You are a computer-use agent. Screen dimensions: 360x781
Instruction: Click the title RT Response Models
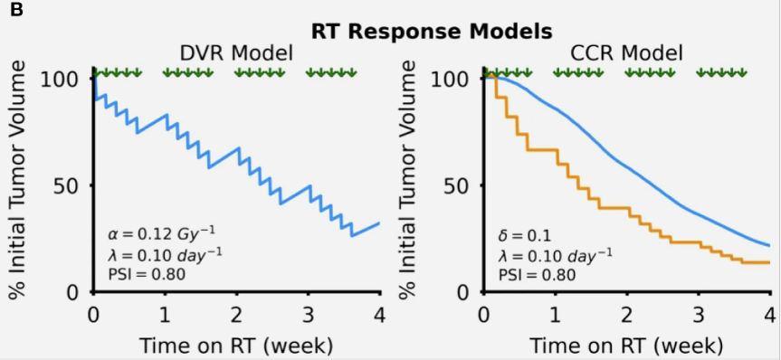(432, 31)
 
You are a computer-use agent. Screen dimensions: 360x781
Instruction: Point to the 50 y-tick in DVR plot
(69, 185)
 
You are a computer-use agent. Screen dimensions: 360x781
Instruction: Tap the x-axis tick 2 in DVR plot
(236, 314)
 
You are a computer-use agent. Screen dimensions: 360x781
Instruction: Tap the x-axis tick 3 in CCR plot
(698, 314)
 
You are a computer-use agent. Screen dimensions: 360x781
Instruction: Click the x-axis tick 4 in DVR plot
(379, 314)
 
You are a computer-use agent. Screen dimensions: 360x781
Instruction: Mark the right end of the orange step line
(768, 262)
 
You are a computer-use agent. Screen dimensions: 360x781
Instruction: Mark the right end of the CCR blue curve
(768, 245)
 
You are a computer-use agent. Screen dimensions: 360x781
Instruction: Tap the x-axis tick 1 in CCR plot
(555, 314)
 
